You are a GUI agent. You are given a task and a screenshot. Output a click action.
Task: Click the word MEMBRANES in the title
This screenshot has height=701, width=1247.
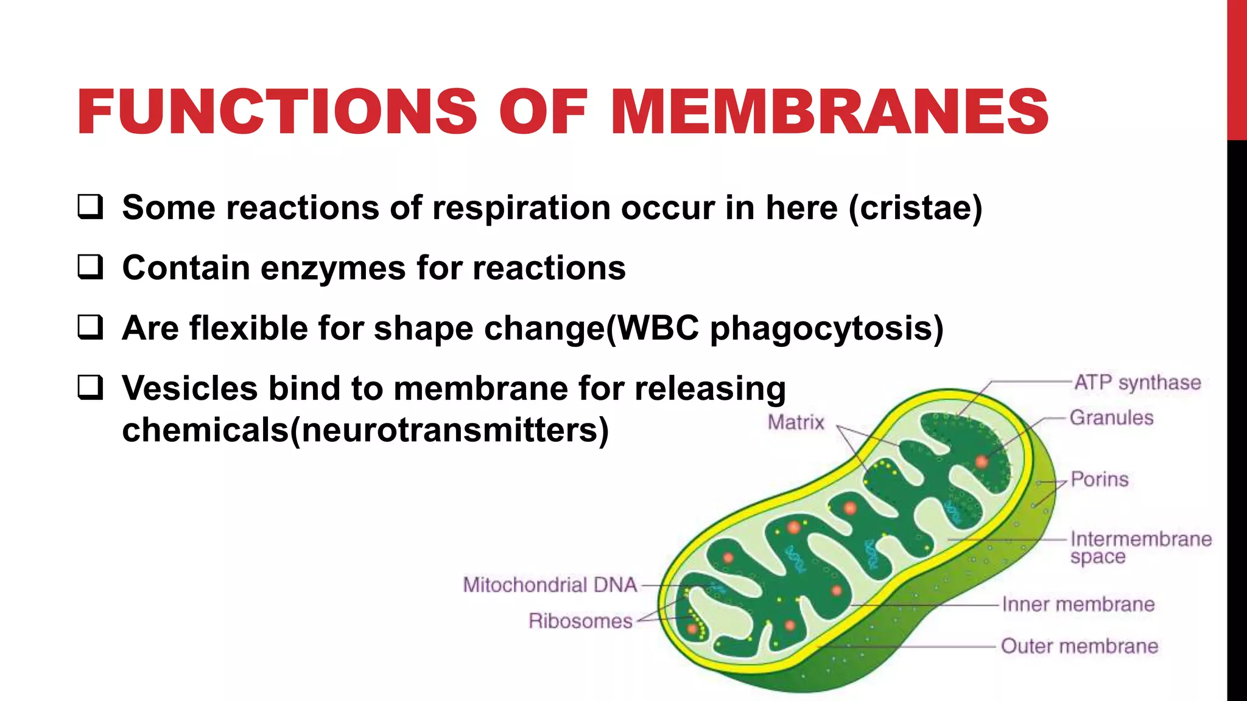(830, 112)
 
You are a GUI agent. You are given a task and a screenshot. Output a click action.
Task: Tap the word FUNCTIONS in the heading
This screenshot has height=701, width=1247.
(277, 112)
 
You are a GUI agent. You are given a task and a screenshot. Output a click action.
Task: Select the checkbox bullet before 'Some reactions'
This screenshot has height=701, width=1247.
(90, 207)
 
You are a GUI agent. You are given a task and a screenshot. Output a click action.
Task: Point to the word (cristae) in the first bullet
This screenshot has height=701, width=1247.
(916, 208)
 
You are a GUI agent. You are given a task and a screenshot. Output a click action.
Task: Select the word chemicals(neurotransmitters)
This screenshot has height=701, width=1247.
(365, 430)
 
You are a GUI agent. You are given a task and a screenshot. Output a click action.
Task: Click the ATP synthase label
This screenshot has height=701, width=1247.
(1137, 383)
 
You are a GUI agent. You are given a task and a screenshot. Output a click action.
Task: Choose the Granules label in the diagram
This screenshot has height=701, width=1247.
(1111, 417)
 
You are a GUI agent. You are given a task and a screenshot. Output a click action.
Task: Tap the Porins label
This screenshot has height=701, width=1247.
(1100, 480)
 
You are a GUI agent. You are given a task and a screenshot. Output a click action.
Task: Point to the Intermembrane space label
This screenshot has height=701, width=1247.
(1140, 547)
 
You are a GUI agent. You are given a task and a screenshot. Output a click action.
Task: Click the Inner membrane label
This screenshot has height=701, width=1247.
(1078, 604)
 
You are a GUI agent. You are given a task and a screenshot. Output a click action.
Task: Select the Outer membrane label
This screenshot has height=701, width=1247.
(1080, 646)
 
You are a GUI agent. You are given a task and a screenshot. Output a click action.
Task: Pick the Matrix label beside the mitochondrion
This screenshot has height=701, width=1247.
(796, 422)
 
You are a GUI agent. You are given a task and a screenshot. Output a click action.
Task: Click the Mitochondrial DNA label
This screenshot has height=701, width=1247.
(550, 585)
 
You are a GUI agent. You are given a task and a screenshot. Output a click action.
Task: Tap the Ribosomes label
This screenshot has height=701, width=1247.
(580, 621)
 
